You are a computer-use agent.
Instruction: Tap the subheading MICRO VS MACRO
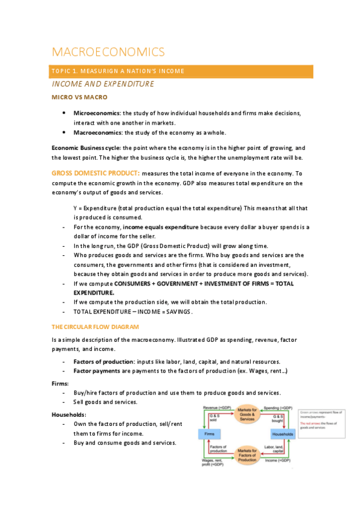(80, 97)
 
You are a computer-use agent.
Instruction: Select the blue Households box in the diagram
(282, 434)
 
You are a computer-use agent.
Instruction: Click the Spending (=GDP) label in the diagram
(279, 408)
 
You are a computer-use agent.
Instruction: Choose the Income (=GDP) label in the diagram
(279, 461)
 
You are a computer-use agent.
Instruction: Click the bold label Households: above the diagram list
(69, 414)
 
